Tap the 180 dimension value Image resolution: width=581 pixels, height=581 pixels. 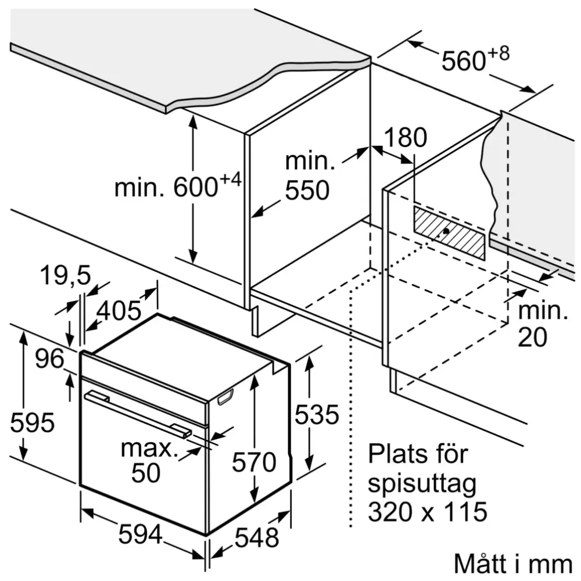[405, 138]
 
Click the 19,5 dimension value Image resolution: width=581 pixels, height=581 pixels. [65, 275]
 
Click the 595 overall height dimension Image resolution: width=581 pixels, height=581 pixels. [33, 422]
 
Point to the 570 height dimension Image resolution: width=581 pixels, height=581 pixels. [254, 462]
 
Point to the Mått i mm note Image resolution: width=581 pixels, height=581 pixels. [512, 563]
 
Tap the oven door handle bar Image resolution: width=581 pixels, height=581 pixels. [137, 414]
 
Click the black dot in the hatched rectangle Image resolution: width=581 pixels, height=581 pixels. [445, 231]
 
